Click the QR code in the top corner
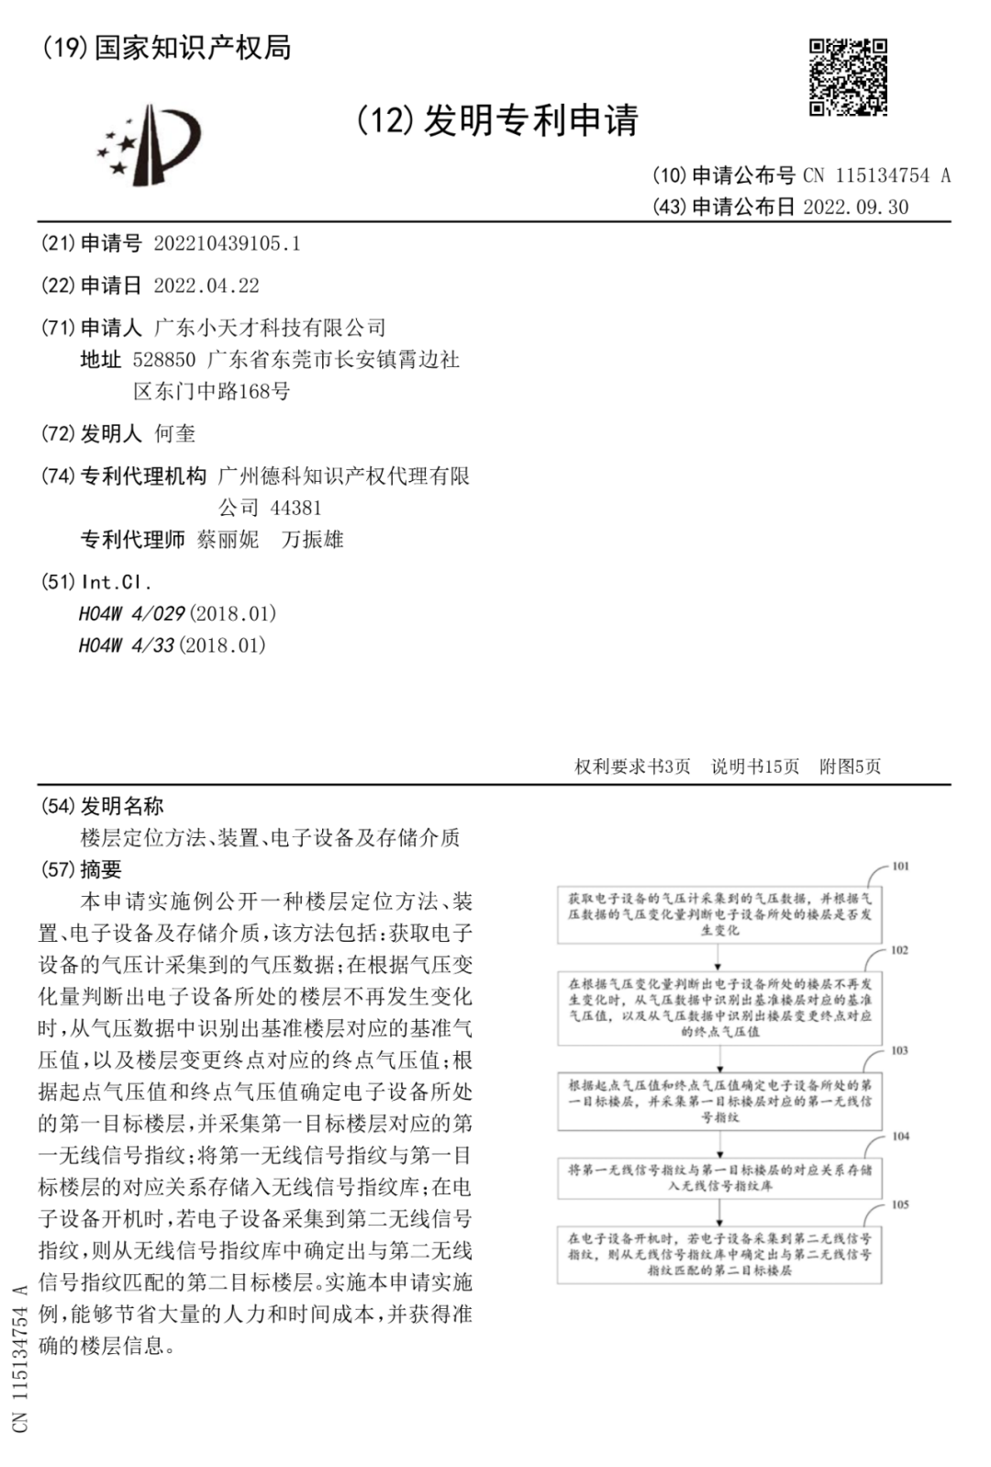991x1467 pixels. [848, 77]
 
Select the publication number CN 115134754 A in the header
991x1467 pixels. [876, 175]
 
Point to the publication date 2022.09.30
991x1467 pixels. [855, 207]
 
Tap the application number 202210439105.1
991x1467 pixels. [227, 243]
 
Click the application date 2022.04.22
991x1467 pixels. [206, 286]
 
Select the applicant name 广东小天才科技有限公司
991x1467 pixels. [270, 328]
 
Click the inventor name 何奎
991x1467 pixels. [174, 433]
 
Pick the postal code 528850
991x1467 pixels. [164, 359]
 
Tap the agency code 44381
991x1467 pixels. [295, 508]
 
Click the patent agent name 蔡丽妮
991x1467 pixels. [228, 540]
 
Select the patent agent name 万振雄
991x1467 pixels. [313, 540]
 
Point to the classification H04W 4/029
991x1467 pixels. [132, 613]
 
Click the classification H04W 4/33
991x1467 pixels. [127, 645]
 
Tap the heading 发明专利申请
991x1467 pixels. [530, 120]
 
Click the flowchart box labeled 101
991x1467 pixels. [719, 914]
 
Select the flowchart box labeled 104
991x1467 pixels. [719, 1178]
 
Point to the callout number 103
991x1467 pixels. [899, 1050]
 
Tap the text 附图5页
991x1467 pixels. [850, 767]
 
